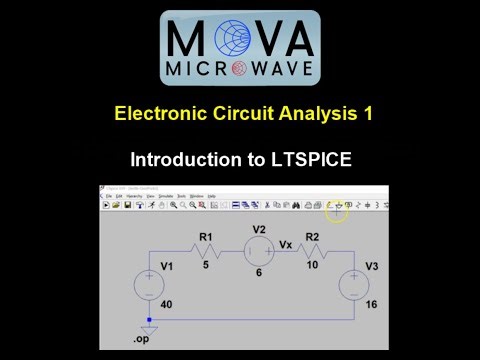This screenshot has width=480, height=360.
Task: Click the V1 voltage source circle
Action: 149,283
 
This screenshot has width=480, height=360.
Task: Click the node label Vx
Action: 286,243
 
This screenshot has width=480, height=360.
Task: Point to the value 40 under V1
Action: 167,304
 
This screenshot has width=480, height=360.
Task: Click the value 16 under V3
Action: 372,304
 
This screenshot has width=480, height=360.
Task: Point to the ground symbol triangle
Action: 149,328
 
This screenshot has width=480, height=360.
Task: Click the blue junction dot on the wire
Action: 149,319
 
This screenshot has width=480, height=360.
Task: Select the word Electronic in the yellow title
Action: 163,113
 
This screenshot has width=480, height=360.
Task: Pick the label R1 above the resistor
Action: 205,237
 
